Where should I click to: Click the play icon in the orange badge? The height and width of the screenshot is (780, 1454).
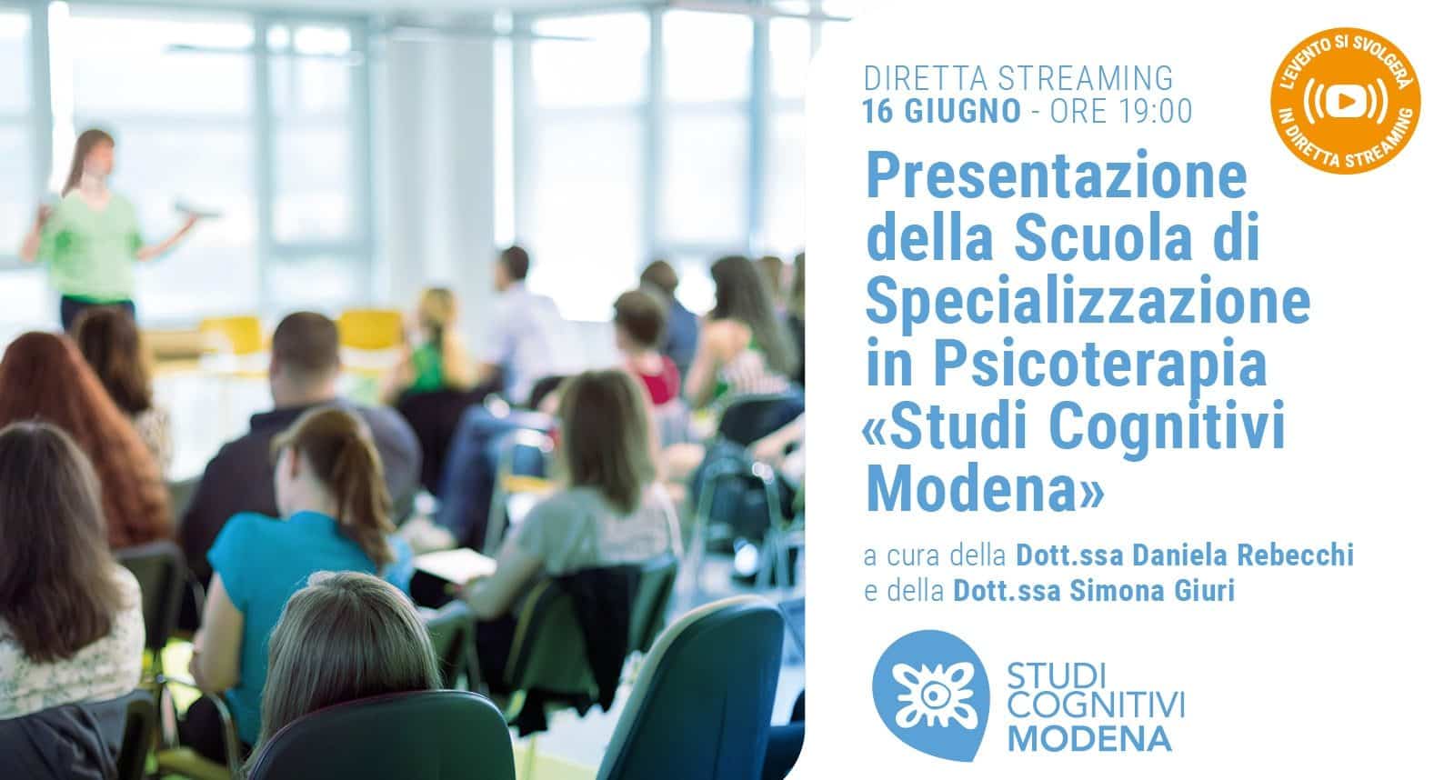[1346, 101]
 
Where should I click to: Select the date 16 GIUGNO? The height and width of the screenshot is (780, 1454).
[941, 111]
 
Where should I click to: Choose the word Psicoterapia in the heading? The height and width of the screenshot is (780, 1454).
[1101, 363]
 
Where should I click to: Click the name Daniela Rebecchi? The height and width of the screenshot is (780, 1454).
[1243, 555]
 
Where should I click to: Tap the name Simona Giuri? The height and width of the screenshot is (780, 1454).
[1152, 591]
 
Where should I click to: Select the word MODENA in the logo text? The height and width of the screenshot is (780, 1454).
[1090, 739]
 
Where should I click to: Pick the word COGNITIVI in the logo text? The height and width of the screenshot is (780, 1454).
[1097, 705]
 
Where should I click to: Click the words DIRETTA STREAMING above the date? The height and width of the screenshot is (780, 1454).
[1018, 78]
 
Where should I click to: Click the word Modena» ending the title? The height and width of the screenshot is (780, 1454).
[985, 487]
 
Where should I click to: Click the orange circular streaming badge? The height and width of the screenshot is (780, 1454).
[1346, 101]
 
